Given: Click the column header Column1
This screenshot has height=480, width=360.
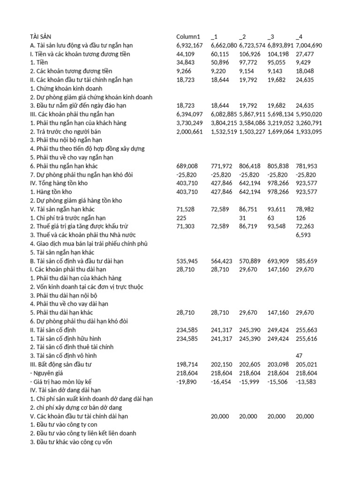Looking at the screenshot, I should (x=188, y=37).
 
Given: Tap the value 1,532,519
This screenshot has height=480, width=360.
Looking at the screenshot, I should (x=224, y=132).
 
